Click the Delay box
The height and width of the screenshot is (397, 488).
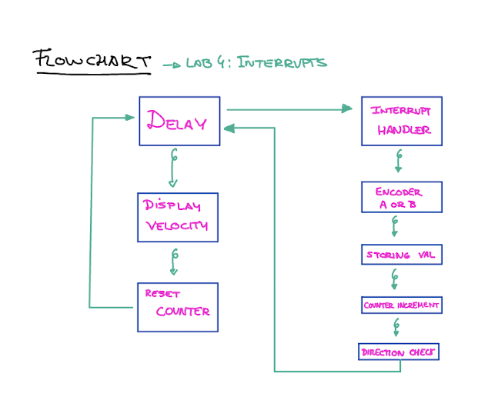[179, 121]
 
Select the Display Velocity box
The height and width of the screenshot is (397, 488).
[177, 217]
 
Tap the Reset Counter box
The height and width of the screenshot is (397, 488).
[177, 307]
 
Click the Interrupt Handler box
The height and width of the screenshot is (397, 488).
[402, 121]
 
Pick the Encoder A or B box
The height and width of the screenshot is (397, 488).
[402, 197]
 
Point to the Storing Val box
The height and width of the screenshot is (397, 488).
[402, 254]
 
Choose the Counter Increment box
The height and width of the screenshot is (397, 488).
[402, 305]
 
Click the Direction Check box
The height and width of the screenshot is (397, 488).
[399, 352]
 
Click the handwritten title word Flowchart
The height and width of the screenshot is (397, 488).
[92, 60]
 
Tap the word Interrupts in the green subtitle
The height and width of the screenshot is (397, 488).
[282, 63]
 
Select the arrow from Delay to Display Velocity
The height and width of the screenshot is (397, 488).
[173, 168]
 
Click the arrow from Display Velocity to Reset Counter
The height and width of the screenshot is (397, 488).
[175, 262]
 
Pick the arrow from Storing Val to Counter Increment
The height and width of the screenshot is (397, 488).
[394, 279]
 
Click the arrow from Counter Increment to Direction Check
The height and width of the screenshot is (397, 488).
[396, 328]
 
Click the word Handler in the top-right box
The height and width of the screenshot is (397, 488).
[404, 130]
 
